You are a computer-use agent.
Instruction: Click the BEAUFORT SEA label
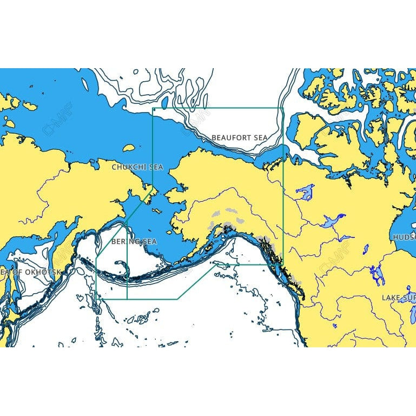point(239,138)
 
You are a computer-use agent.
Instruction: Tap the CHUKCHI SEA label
point(137,167)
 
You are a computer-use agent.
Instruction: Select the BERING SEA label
point(134,241)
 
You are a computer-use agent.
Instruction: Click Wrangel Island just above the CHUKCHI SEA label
point(129,148)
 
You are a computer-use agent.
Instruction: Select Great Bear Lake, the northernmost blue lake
point(306,192)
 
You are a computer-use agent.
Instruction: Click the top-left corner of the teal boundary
point(154,109)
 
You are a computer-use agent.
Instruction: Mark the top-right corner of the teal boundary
point(283,108)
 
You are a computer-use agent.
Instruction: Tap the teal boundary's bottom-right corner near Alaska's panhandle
point(283,265)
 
